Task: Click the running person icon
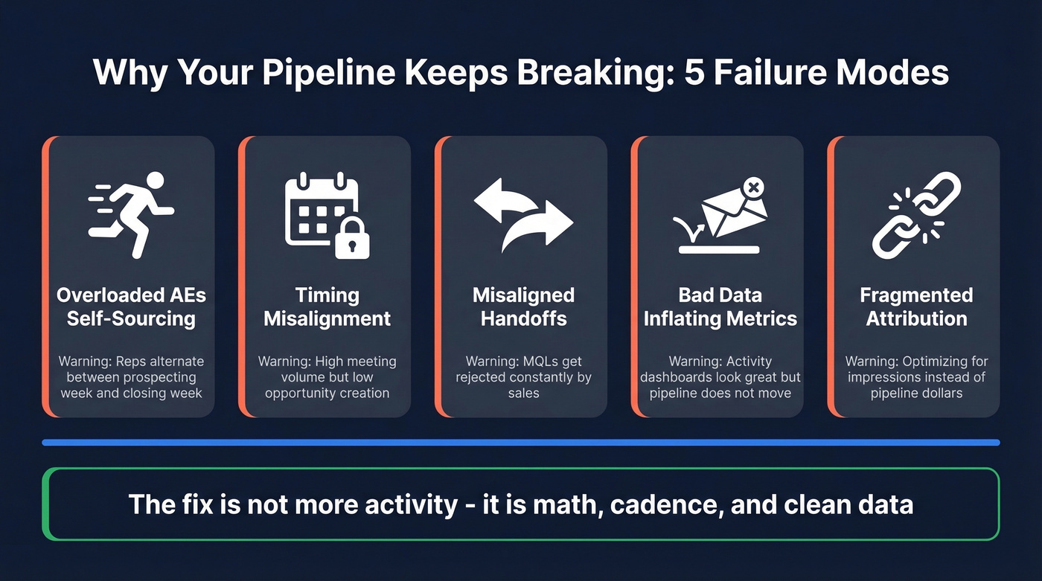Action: point(134,214)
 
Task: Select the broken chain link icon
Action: point(916,215)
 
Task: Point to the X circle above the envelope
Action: point(753,188)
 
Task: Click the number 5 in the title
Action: point(693,73)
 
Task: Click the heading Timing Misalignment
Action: point(327,307)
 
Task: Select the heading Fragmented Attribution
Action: point(916,307)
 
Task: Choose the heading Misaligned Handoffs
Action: point(523,307)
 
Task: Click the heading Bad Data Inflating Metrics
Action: point(720,307)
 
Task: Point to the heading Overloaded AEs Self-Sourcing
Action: point(131,307)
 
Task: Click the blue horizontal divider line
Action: point(520,443)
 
